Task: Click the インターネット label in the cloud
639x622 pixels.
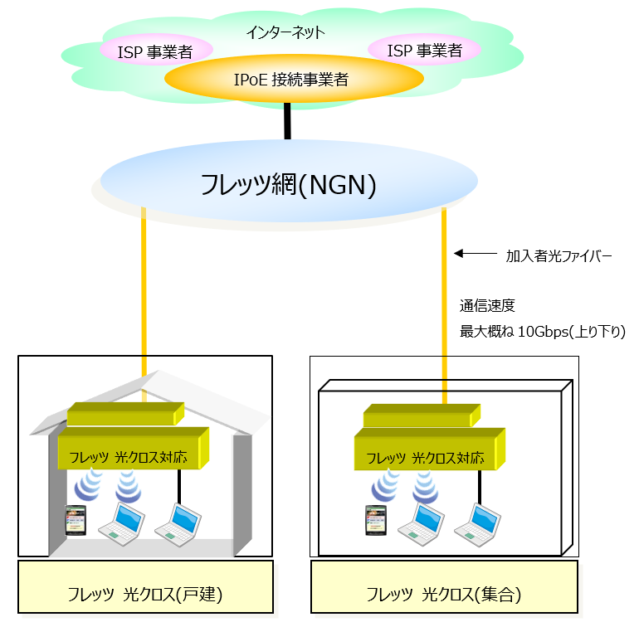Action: tap(285, 32)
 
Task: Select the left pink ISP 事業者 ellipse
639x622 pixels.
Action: tap(156, 50)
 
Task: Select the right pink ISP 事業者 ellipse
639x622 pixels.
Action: tap(424, 50)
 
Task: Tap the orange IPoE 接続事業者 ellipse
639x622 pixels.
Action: tap(294, 79)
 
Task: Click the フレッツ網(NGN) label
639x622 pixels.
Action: tap(288, 185)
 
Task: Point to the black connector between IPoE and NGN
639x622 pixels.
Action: tap(287, 121)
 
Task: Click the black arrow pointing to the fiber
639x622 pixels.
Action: tap(476, 254)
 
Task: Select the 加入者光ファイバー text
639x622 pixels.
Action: tap(559, 255)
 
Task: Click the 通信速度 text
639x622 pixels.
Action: tap(487, 305)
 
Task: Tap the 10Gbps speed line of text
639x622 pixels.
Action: tap(543, 332)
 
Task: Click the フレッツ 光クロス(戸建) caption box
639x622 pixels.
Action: tap(145, 586)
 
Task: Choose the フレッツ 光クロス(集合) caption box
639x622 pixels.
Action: tap(444, 586)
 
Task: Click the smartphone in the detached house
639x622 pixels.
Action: tap(76, 520)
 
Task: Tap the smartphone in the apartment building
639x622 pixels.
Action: tap(376, 520)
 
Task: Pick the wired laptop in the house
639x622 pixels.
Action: tap(178, 525)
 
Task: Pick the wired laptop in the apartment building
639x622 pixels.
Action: tap(478, 525)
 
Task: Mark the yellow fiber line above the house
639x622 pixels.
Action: tap(144, 291)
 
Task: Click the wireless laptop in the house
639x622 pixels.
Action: tap(122, 524)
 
